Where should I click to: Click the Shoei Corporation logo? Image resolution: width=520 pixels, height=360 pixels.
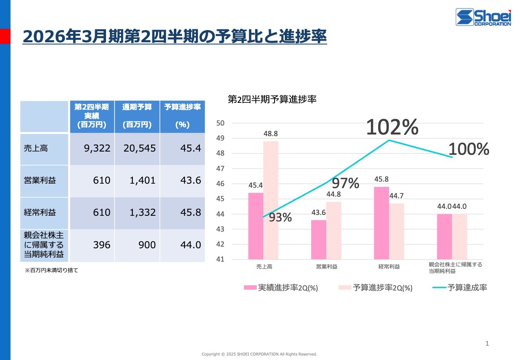[483, 17]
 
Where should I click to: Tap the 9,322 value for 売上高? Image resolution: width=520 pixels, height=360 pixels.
[97, 149]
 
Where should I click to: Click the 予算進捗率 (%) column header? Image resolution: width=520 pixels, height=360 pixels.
[182, 116]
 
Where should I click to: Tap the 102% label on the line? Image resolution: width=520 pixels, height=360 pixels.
[392, 128]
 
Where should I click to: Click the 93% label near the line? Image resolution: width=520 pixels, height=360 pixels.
[280, 217]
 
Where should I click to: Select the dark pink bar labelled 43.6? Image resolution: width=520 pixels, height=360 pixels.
[318, 239]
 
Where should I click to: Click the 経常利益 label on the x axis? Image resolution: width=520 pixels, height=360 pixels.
[389, 267]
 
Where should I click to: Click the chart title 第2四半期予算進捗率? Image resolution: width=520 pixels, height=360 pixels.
[272, 100]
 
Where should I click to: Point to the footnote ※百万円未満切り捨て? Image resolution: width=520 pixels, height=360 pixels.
[51, 270]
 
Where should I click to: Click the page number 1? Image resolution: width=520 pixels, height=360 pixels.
[487, 344]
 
